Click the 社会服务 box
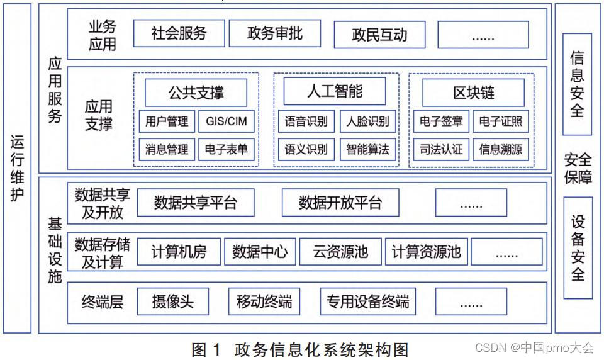click(x=179, y=33)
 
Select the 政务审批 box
click(x=274, y=33)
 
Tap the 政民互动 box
click(x=379, y=35)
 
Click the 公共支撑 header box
click(x=196, y=93)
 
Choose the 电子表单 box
click(x=226, y=150)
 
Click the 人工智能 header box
click(x=335, y=92)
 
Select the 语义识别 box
click(x=306, y=150)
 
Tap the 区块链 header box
click(x=473, y=93)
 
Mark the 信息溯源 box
click(x=500, y=150)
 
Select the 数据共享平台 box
click(x=196, y=203)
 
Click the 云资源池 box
click(x=340, y=252)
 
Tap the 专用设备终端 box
click(x=367, y=301)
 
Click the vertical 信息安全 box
click(x=577, y=84)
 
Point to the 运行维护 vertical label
click(x=17, y=169)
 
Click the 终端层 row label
click(x=102, y=302)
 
